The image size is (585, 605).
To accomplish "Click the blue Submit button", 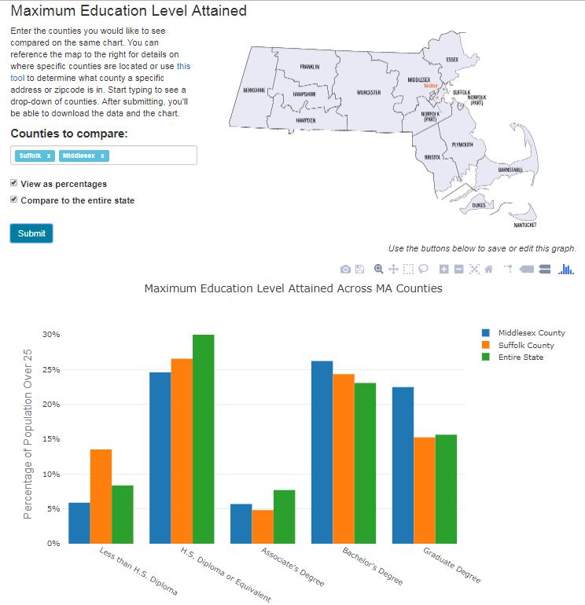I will coord(31,233).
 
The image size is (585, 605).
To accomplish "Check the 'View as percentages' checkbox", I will coord(14,183).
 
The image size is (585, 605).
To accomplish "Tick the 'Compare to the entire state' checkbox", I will coord(14,200).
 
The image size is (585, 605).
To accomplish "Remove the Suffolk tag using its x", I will coord(49,156).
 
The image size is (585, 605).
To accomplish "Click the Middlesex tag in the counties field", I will coord(79,156).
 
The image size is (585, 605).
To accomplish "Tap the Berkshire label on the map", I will coord(254,90).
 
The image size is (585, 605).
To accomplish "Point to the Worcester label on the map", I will coord(368,93).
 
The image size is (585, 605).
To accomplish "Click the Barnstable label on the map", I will coord(511,169).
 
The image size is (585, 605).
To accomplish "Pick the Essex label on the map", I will coord(451,60).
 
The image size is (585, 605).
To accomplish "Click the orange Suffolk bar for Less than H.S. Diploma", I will coord(101,496).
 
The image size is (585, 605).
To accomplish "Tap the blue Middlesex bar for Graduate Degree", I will coord(403,464).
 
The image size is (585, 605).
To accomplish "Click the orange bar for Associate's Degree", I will coord(263,526).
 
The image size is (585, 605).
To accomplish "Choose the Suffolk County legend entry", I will coord(525,345).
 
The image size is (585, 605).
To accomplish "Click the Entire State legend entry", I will coord(520,357).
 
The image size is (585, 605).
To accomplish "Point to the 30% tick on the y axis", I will coord(51,335).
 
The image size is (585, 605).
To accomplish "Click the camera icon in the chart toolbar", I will coord(345,269).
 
